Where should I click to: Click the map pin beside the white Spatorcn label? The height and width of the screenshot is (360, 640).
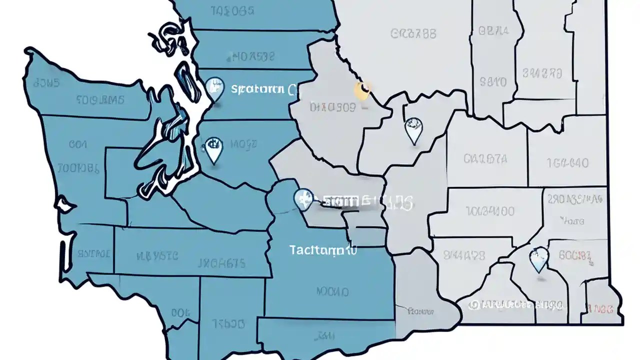[x=214, y=88]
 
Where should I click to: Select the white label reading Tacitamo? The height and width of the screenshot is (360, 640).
[x=323, y=249]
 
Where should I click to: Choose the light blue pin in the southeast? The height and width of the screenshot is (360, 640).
[x=538, y=258]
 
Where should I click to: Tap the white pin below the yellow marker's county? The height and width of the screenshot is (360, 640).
[x=413, y=129]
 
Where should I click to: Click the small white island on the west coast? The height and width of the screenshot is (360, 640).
[x=64, y=204]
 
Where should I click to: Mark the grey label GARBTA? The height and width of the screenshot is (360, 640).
[x=485, y=159]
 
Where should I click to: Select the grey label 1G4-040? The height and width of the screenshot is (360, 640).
[x=567, y=162]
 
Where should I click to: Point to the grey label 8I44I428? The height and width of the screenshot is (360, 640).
[x=464, y=255]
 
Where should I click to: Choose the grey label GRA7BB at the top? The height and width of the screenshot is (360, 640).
[x=413, y=33]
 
